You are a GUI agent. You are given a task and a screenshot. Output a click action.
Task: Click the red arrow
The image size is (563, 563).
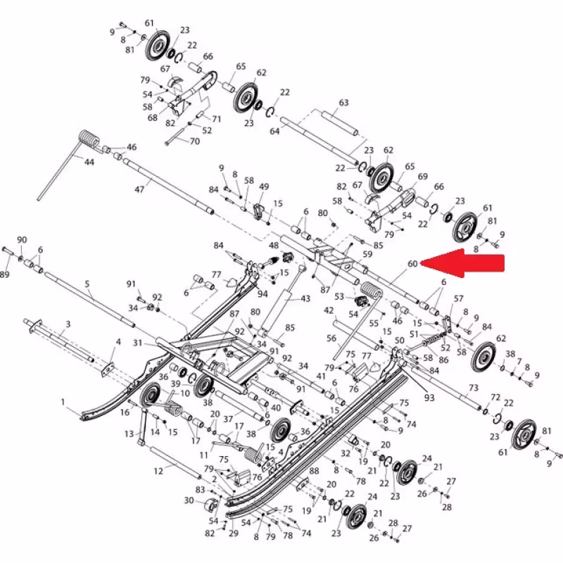462,263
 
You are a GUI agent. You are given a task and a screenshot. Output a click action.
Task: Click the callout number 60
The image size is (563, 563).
412,264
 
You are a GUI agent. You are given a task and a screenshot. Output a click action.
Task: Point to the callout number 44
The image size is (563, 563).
89,163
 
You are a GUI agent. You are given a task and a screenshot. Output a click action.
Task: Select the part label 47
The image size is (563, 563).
139,189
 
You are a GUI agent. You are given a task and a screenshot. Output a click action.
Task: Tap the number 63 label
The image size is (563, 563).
343,103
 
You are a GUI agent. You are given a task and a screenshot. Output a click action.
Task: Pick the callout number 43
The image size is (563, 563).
305,298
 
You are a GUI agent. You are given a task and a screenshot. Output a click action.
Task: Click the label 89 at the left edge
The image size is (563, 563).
4,274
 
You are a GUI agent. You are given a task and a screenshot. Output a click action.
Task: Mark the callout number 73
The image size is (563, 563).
474,388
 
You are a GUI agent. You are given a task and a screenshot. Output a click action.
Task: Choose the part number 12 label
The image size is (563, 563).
158,471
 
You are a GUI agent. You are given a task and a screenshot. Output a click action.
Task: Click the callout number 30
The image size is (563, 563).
189,500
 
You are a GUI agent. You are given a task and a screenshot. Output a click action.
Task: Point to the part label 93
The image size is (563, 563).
429,398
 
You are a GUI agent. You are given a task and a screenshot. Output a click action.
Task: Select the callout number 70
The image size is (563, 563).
195,141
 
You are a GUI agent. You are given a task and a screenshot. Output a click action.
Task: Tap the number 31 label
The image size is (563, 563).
138,343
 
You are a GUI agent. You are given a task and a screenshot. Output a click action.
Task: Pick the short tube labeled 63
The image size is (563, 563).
340,123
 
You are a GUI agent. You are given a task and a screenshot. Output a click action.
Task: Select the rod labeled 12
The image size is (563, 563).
175,462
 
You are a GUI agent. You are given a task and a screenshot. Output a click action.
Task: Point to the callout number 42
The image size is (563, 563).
329,310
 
